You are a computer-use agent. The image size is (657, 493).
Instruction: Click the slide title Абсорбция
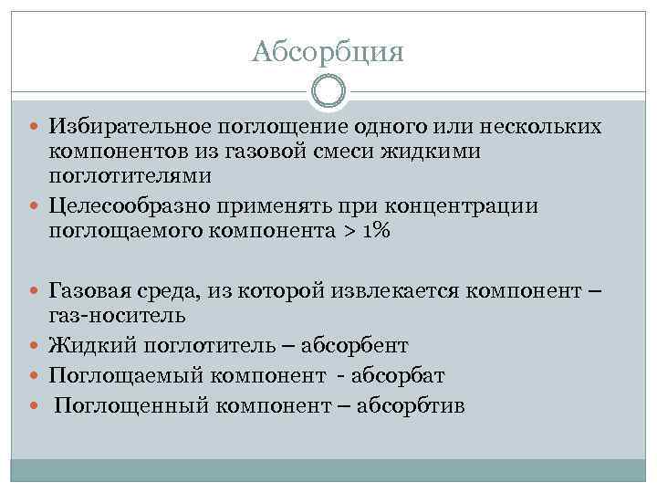[328, 51]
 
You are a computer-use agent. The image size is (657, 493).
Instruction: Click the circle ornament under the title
[328, 91]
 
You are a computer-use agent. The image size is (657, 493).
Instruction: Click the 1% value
[376, 231]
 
